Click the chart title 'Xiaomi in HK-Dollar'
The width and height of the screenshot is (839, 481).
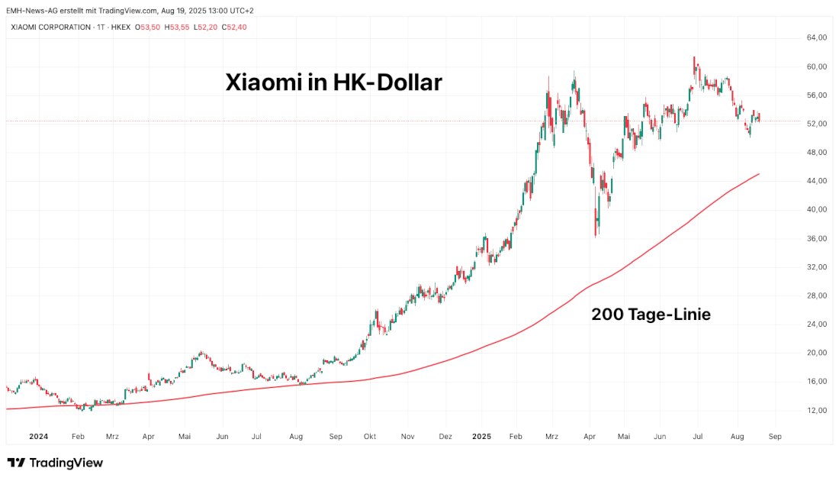pyautogui.click(x=333, y=82)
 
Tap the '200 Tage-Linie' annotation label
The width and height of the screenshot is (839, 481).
pyautogui.click(x=651, y=314)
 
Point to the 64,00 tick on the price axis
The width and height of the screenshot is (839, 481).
pyautogui.click(x=817, y=37)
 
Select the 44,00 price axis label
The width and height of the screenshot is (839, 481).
pyautogui.click(x=817, y=181)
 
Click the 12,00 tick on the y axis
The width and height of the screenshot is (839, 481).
pyautogui.click(x=817, y=410)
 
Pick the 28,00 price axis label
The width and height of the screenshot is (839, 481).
pyautogui.click(x=817, y=295)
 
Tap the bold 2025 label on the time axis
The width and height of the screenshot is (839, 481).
pyautogui.click(x=481, y=437)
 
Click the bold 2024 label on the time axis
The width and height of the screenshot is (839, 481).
pyautogui.click(x=38, y=437)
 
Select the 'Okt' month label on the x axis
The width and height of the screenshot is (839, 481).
pyautogui.click(x=369, y=437)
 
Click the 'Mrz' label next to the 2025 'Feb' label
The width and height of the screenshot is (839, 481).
pyautogui.click(x=551, y=437)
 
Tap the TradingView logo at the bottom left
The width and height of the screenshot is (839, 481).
pyautogui.click(x=55, y=463)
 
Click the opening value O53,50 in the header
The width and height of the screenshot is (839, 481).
pyautogui.click(x=148, y=27)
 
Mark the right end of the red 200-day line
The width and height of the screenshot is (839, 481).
pyautogui.click(x=759, y=174)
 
